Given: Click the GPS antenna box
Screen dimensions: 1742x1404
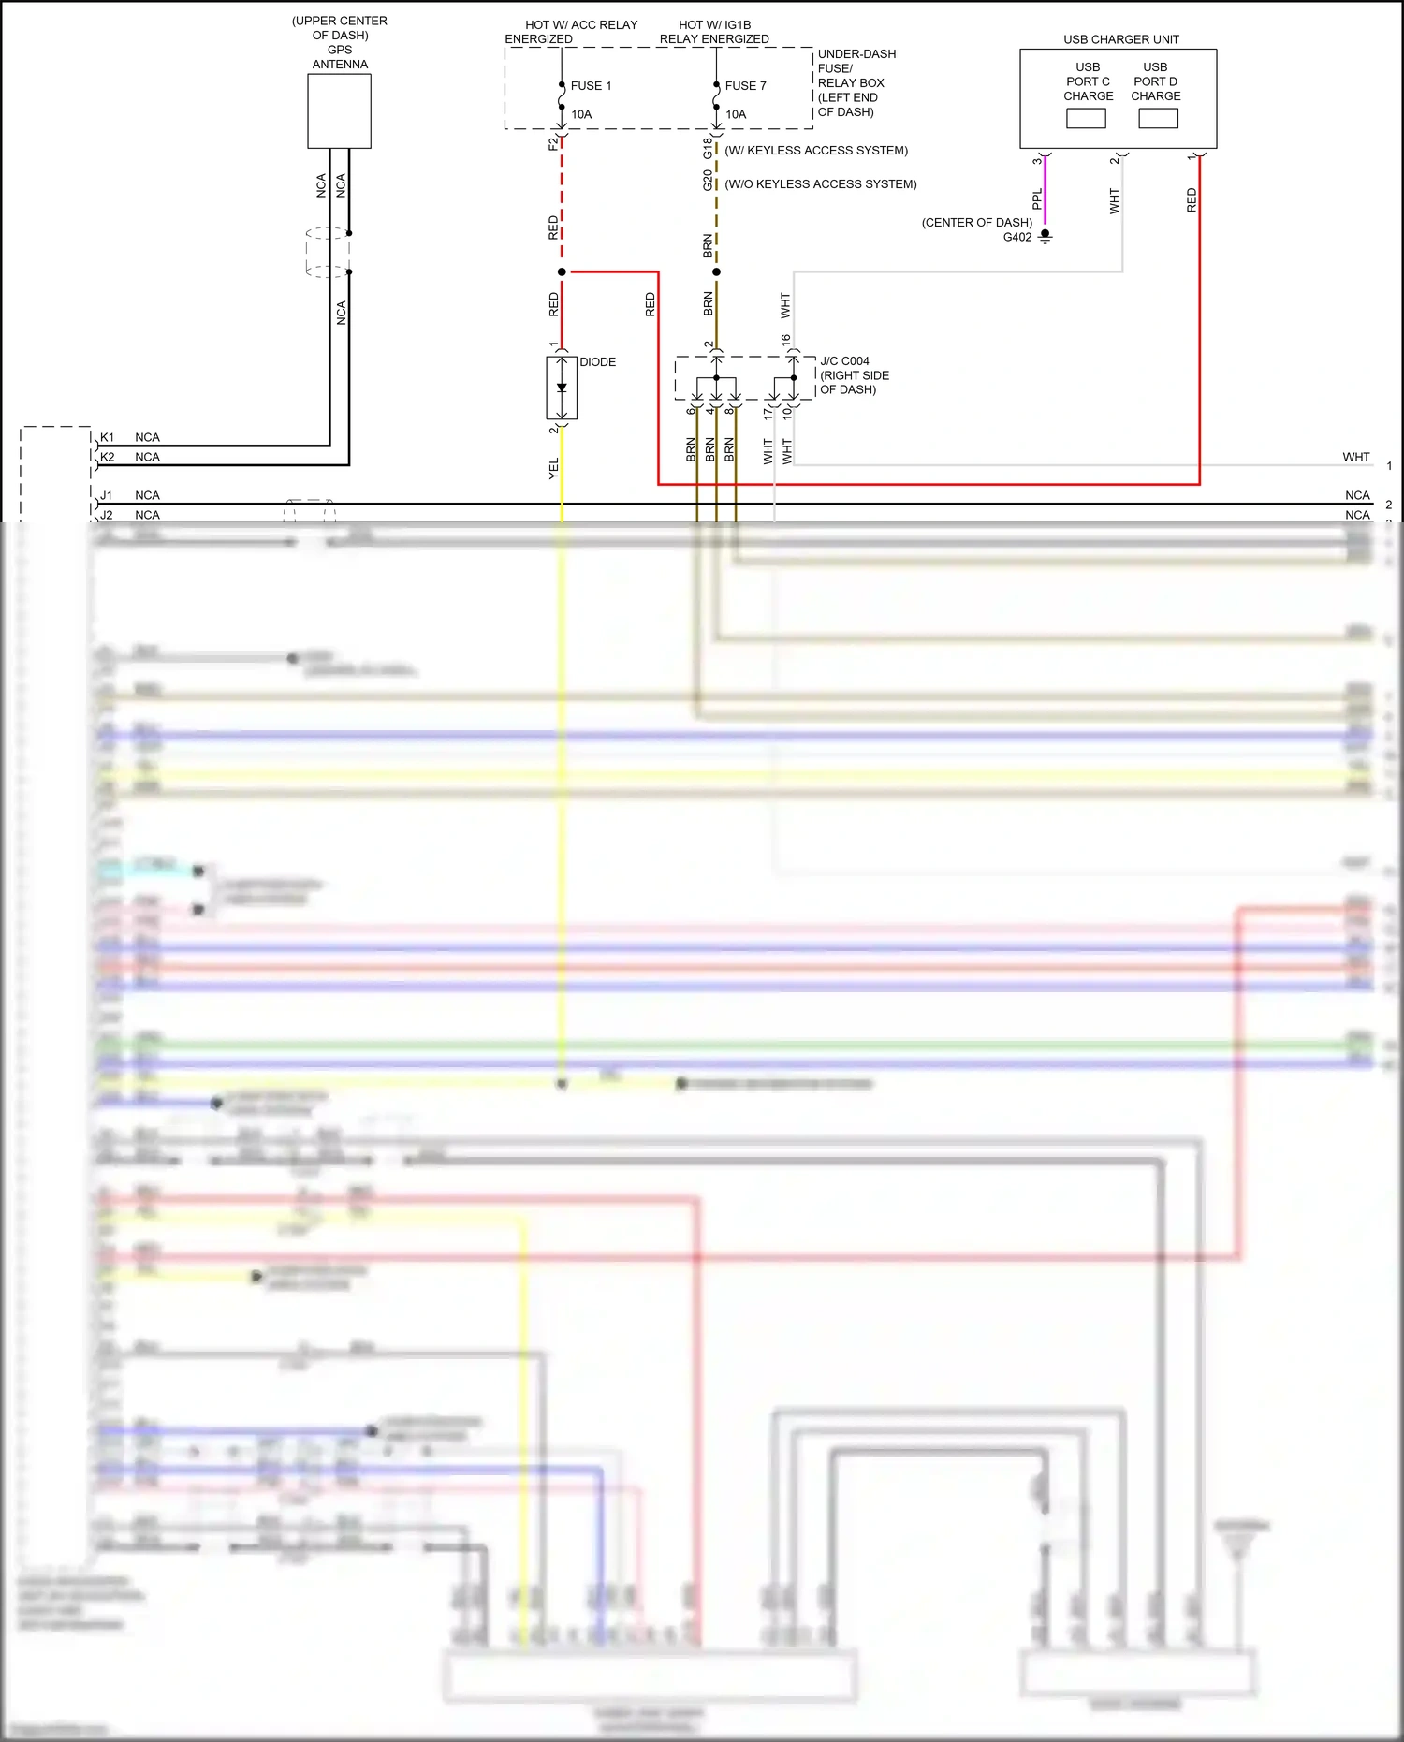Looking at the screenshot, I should click(x=339, y=110).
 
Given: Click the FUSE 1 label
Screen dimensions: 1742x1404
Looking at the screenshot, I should click(x=591, y=86).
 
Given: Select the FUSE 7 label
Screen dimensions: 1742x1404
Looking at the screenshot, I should click(x=745, y=86).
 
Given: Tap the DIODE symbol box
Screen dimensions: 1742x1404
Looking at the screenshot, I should click(x=562, y=388).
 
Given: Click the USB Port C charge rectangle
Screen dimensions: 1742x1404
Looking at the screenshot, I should click(x=1086, y=119).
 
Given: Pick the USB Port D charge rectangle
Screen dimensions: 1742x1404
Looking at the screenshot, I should click(x=1158, y=119).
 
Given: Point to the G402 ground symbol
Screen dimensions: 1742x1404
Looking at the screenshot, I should click(x=1046, y=237).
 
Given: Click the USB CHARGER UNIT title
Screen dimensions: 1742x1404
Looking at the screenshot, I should click(x=1120, y=39).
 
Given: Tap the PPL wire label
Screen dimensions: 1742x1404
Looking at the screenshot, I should click(x=1037, y=198).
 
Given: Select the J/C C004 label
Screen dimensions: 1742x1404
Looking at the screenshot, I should click(x=844, y=361).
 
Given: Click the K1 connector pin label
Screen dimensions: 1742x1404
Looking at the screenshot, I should click(x=108, y=437).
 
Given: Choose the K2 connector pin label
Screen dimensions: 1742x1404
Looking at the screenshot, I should click(x=108, y=457).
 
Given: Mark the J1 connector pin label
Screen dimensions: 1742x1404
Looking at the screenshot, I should click(x=107, y=495).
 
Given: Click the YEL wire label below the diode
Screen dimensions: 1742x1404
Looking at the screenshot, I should click(x=553, y=469).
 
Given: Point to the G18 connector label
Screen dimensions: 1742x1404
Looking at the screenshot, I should click(x=708, y=148).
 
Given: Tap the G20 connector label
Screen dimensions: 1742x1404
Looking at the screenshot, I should click(x=708, y=180).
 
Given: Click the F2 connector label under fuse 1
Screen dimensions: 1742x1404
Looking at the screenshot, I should click(x=552, y=143).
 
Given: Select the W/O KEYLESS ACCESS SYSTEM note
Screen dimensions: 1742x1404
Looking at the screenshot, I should click(x=821, y=184).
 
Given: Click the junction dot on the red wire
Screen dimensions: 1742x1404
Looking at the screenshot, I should click(x=562, y=272).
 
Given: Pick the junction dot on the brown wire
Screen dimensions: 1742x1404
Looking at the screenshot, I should click(x=716, y=272).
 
